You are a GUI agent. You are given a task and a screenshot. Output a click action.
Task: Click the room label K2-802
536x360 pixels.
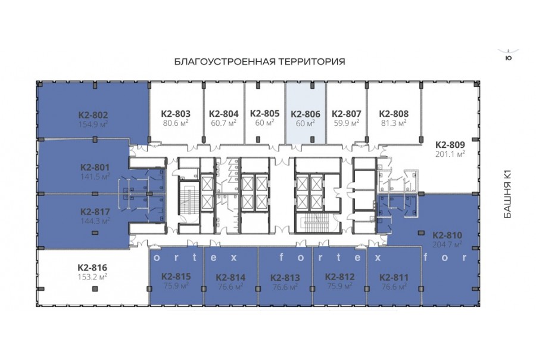[93, 115]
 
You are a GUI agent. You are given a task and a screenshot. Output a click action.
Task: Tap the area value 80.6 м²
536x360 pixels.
[176, 123]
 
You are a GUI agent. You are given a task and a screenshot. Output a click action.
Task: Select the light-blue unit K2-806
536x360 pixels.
[306, 113]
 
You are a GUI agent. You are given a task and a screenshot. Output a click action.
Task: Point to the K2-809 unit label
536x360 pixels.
[450, 144]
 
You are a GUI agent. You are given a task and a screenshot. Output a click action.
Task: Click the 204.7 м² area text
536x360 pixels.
[447, 244]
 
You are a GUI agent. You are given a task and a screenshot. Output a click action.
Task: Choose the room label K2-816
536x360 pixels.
[92, 267]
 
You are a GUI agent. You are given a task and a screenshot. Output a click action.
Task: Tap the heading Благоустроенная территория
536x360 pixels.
[260, 61]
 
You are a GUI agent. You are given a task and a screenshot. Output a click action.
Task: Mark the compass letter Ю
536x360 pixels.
[509, 58]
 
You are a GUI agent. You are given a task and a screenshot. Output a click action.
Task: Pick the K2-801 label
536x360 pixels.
[95, 167]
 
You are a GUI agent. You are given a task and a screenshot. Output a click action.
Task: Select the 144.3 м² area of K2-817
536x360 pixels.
[95, 221]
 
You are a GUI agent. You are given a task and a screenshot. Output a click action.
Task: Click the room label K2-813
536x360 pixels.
[285, 278]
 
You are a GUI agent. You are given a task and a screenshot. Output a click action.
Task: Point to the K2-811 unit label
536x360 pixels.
[394, 277]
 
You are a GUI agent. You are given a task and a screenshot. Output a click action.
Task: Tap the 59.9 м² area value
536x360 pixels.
[347, 123]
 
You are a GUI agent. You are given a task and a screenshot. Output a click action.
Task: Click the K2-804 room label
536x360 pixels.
[223, 114]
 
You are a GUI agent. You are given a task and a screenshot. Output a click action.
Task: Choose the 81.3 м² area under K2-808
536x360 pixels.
[394, 123]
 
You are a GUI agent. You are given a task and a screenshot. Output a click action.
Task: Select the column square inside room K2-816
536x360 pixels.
[95, 289]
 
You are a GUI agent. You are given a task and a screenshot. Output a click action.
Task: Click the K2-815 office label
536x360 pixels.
[176, 277]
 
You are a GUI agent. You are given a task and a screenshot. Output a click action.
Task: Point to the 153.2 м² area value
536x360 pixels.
[92, 277]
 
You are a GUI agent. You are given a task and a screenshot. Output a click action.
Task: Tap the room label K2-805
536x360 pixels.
[264, 113]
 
